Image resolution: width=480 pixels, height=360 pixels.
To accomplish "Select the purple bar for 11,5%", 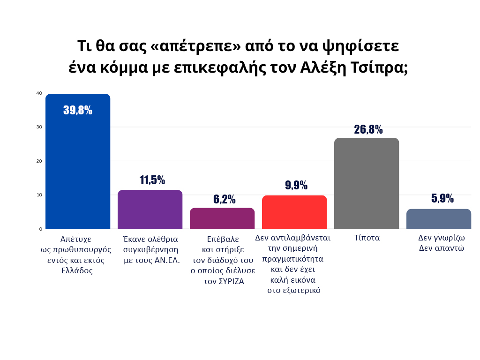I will click(150, 210).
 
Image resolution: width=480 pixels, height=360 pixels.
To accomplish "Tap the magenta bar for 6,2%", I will click(222, 218).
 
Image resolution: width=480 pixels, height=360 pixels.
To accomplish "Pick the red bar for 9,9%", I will click(294, 212).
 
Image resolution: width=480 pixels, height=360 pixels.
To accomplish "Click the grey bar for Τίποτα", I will click(367, 183).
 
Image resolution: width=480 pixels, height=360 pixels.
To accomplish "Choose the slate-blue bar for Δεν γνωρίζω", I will click(439, 219).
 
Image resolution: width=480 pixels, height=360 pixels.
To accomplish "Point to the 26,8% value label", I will click(368, 129).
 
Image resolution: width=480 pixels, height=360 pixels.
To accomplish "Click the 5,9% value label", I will click(442, 198).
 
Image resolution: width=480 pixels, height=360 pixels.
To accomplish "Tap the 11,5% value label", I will click(152, 180).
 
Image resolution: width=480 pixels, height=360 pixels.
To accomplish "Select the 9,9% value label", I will click(296, 185).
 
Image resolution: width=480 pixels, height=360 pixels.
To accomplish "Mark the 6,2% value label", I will click(224, 199).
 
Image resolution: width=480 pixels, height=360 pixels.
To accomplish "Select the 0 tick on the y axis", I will click(41, 229).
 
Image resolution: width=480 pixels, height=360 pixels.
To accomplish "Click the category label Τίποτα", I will click(367, 238).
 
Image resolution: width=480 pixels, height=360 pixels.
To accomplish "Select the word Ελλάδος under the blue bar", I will click(77, 270).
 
